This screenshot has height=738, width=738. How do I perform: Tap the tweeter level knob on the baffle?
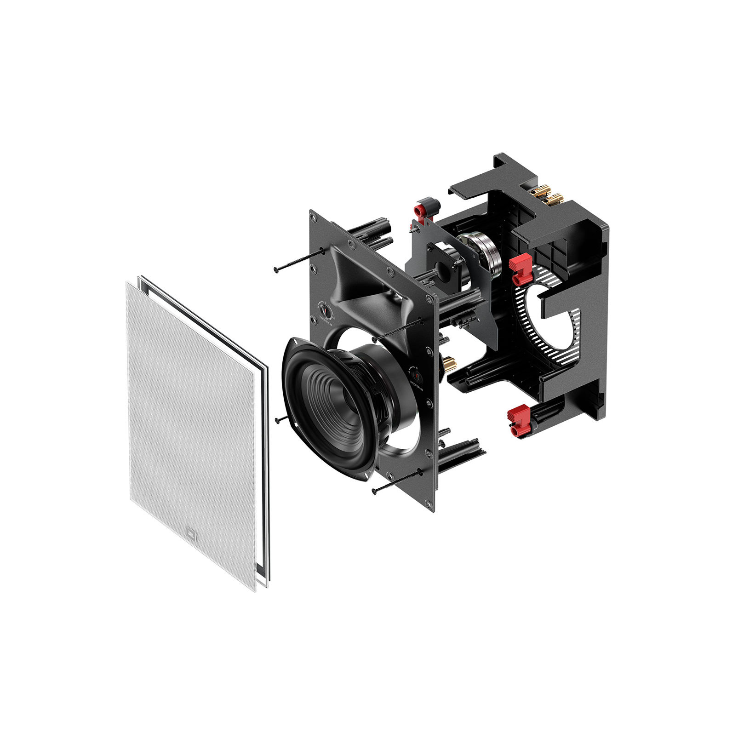326,310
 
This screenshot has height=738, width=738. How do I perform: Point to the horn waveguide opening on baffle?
368,285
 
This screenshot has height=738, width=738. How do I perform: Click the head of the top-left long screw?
276,270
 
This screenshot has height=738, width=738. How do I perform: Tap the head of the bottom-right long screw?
374,492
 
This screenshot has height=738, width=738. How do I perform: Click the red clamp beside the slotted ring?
520,271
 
